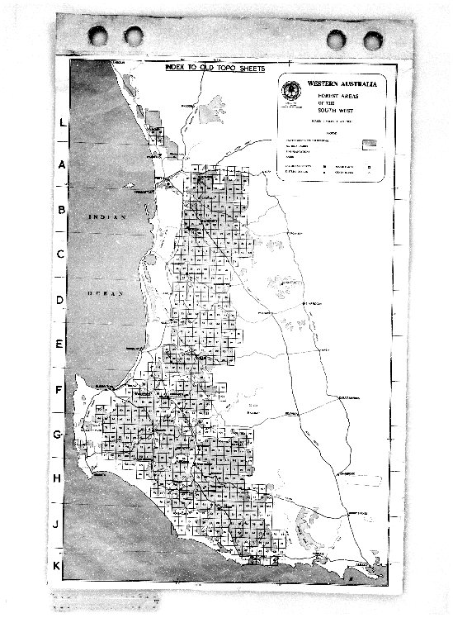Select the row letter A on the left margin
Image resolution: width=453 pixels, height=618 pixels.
(62, 164)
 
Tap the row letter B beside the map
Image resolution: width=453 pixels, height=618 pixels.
(61, 210)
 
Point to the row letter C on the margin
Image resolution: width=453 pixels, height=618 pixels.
(61, 254)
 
